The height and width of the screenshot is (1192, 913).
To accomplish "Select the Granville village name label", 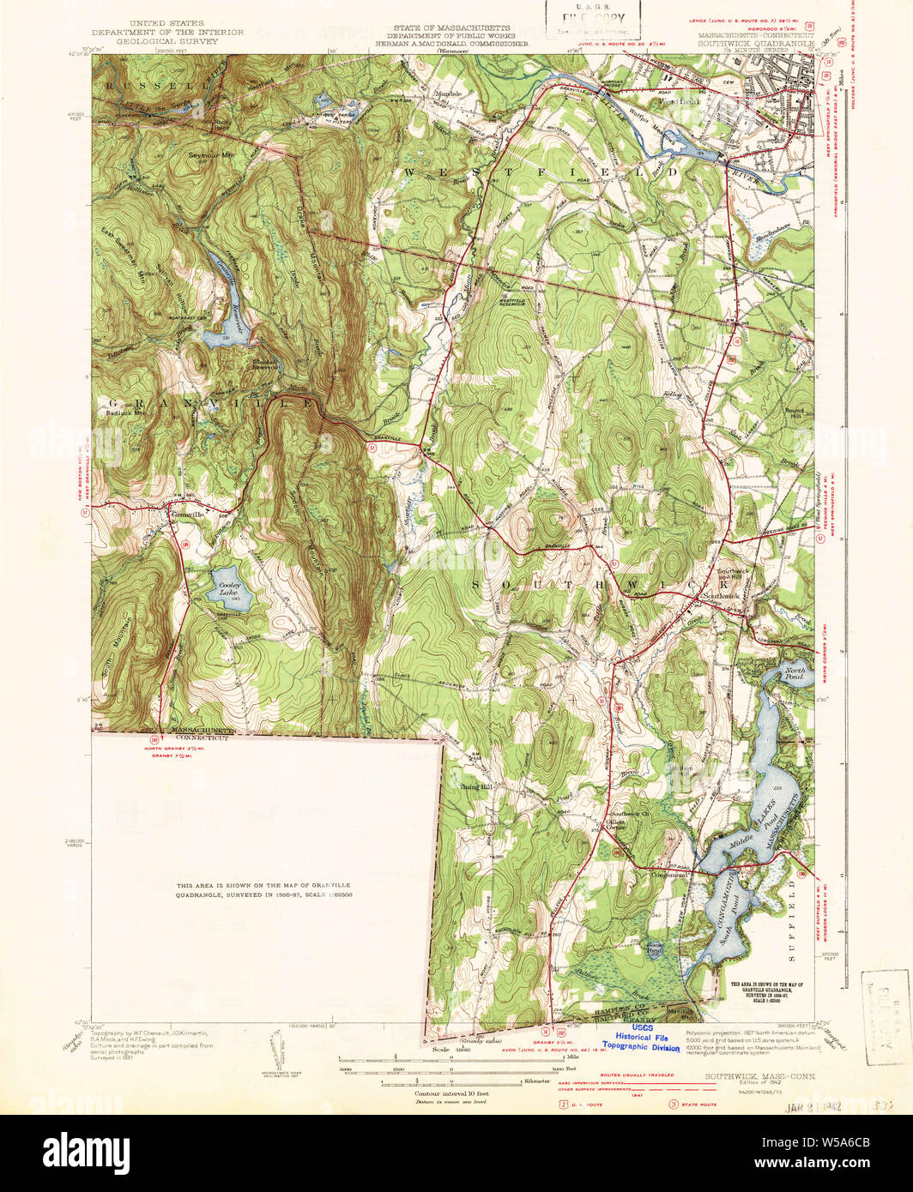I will click(184, 515).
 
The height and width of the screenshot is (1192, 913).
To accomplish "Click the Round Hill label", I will click(795, 414).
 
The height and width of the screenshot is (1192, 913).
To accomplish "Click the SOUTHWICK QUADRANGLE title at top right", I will click(755, 40).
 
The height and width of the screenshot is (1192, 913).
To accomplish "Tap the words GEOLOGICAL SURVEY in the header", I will click(187, 40).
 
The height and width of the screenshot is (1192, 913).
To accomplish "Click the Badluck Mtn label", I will click(122, 412).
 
